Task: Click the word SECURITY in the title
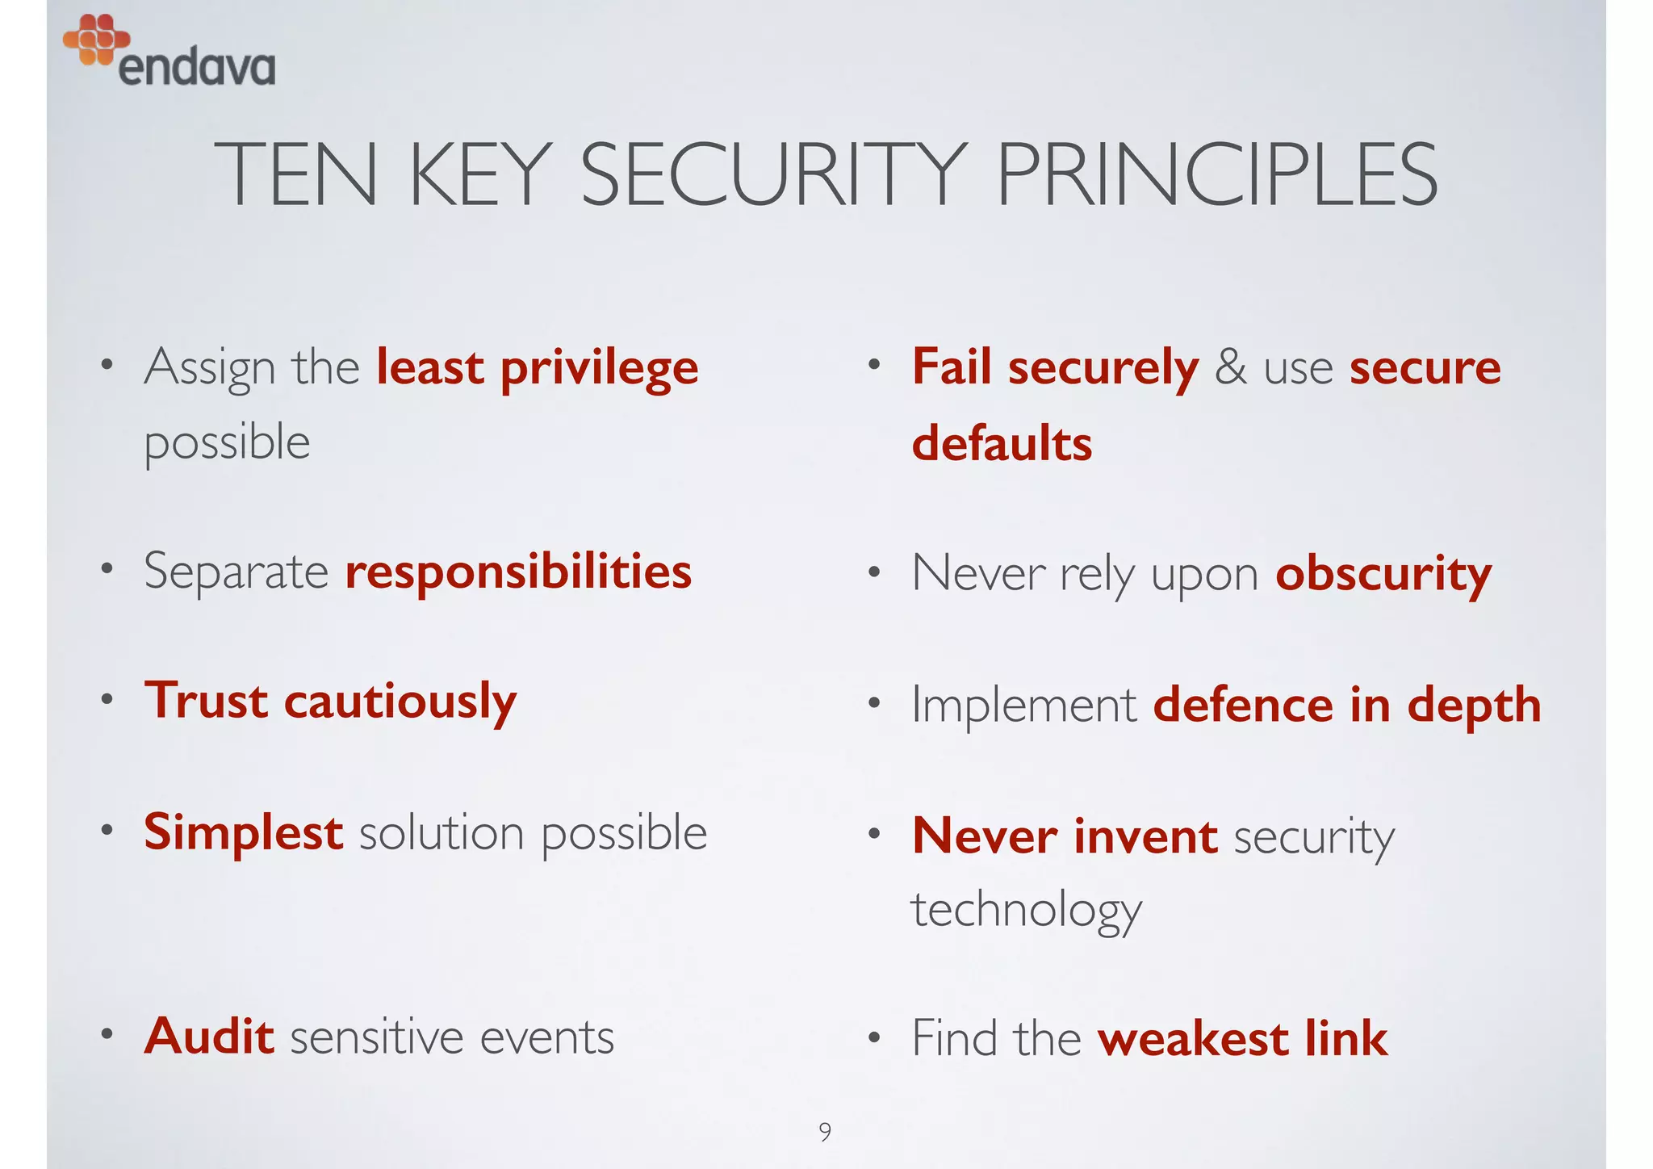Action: tap(773, 174)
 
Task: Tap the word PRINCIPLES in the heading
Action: tap(1216, 174)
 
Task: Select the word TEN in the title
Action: tap(295, 174)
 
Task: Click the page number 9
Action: tap(825, 1131)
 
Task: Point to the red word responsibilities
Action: tap(518, 572)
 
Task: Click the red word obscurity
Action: tap(1383, 575)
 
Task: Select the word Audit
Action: tap(209, 1036)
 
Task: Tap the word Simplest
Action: tap(243, 832)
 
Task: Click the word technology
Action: tap(1027, 910)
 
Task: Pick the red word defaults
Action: tap(1002, 443)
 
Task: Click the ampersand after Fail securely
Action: tap(1230, 367)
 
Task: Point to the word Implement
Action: tap(1024, 705)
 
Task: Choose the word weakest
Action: tap(1193, 1038)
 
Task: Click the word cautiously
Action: tap(400, 701)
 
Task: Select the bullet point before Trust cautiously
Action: tap(107, 699)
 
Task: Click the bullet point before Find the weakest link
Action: tap(874, 1038)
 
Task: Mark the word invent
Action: tap(1145, 836)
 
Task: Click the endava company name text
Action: tap(197, 67)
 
